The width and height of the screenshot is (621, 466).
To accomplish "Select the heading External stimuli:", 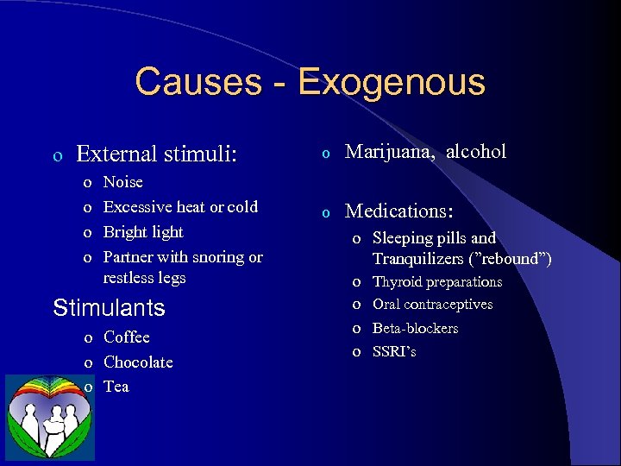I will click(156, 154).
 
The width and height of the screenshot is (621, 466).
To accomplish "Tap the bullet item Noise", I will click(122, 182).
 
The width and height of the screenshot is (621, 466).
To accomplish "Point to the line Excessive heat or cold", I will click(180, 206).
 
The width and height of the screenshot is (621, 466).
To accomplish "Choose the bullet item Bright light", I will click(143, 231).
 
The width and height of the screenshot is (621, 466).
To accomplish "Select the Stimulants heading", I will click(109, 307).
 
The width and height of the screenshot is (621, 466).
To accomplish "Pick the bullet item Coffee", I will click(126, 337).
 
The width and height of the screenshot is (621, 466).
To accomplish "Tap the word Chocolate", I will click(138, 362).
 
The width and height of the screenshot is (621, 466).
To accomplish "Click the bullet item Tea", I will click(116, 386).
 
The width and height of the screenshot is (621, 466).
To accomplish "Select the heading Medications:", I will click(399, 211).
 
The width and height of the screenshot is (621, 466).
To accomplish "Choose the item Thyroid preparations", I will click(436, 281).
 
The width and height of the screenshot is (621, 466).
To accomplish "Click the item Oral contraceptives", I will click(432, 304).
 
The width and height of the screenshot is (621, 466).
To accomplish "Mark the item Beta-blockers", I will click(415, 328).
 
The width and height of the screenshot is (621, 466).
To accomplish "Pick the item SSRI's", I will click(394, 351).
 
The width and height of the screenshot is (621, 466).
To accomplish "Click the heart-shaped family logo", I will click(50, 417).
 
